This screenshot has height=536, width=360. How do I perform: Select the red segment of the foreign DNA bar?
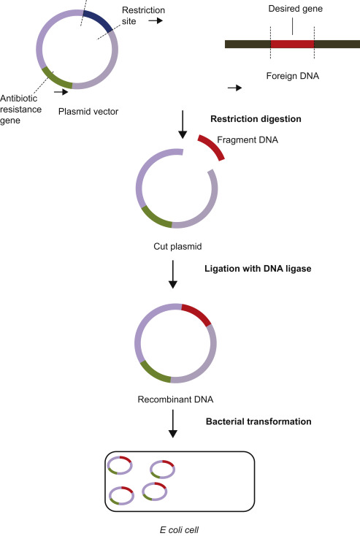pos(292,44)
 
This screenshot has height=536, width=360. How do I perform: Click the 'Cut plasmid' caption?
pos(174,245)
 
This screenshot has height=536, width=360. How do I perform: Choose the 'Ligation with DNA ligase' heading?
pos(257,269)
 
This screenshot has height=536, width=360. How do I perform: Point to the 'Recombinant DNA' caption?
pos(172,400)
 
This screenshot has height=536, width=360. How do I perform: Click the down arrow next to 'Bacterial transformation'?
pos(173,424)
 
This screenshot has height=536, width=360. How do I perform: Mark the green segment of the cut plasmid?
pos(156,216)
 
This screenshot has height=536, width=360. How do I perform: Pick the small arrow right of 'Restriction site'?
pos(156,21)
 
